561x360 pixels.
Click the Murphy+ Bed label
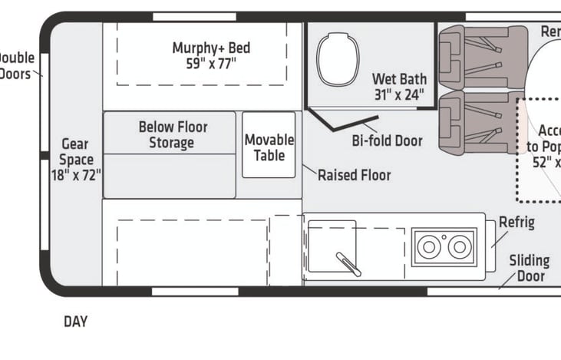pyautogui.click(x=210, y=48)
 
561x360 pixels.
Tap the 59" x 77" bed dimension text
pyautogui.click(x=210, y=64)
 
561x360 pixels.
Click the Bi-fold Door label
pyautogui.click(x=387, y=141)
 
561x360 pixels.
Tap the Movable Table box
pyautogui.click(x=269, y=147)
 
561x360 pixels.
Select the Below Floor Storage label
pyautogui.click(x=173, y=134)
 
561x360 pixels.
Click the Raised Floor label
pyautogui.click(x=354, y=175)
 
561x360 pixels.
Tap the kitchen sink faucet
pyautogui.click(x=348, y=263)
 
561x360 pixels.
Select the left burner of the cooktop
pyautogui.click(x=428, y=247)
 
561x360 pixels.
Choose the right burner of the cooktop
pyautogui.click(x=458, y=247)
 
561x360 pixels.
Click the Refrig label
pyautogui.click(x=516, y=223)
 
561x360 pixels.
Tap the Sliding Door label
pyautogui.click(x=529, y=269)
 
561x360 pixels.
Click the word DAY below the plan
pyautogui.click(x=75, y=322)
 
